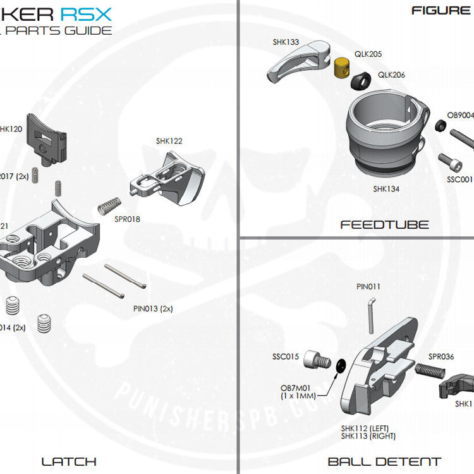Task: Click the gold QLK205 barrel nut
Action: click(x=343, y=66)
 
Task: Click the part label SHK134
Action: click(x=386, y=188)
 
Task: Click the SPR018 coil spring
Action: click(x=110, y=205)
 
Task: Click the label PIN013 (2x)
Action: click(x=153, y=309)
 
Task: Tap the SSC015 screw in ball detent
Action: click(x=317, y=361)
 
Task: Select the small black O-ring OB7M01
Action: click(x=341, y=365)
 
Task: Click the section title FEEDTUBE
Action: click(x=384, y=224)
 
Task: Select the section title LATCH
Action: click(x=69, y=461)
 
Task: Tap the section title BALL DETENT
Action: click(x=384, y=461)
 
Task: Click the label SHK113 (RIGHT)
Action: click(x=368, y=436)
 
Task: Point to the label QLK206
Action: click(x=392, y=75)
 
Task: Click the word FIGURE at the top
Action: click(x=441, y=9)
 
